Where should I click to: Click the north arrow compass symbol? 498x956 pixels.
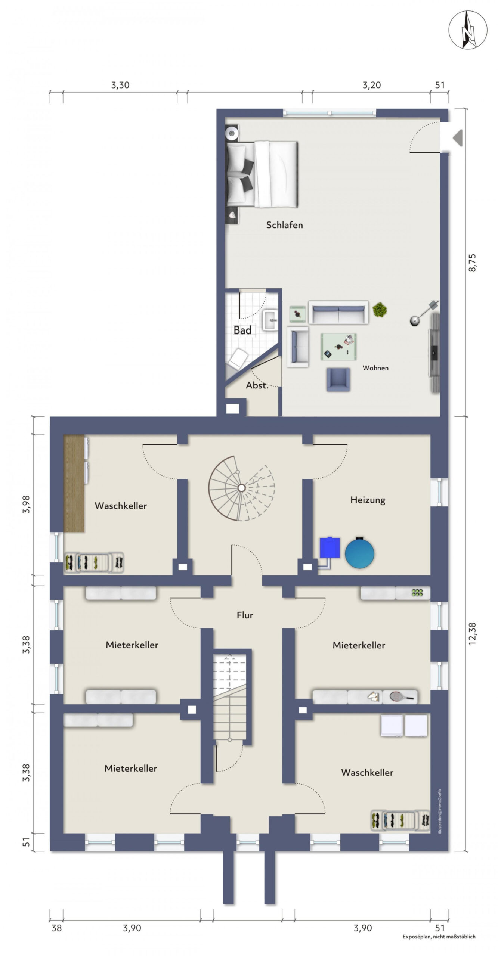point(468,30)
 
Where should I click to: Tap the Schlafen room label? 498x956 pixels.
point(284,225)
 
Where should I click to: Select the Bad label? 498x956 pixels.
point(242,330)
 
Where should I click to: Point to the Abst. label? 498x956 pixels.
point(257,385)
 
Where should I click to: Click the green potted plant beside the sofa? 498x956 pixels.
point(380,310)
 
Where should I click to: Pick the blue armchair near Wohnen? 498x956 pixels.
point(338,379)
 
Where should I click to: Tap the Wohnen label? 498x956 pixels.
point(375,368)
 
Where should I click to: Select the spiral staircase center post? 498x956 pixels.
point(241,488)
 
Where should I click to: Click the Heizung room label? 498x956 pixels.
point(368,500)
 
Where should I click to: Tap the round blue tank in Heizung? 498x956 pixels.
point(359,553)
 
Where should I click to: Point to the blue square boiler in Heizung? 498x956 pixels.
point(330,547)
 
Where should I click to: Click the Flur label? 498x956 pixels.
point(245,615)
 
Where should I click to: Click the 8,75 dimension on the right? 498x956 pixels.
point(473,263)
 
